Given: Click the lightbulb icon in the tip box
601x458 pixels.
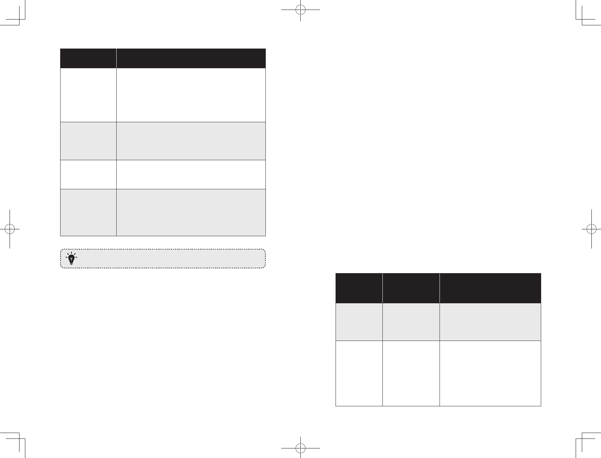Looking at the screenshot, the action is coord(71,259).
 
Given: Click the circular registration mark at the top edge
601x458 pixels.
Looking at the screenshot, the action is coord(300,10).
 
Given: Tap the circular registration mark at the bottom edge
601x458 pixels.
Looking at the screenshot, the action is coord(300,447).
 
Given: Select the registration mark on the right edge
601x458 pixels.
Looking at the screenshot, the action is coord(591,229).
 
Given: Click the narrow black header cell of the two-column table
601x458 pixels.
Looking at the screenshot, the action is coord(88,59).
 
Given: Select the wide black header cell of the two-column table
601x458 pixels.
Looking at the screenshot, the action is coord(191,59).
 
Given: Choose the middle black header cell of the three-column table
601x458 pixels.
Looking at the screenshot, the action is coord(411,288).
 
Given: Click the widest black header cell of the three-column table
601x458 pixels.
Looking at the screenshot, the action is coord(490,288).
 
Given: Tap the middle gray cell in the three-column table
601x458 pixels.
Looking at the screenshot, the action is coord(411,322).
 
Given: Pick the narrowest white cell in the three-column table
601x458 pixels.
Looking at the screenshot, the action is coord(359,373).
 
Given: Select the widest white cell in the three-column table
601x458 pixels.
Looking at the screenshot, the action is coord(490,373).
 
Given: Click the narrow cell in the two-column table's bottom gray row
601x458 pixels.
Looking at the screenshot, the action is coord(88,212).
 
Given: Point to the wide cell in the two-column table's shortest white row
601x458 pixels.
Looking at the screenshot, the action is coord(191,174).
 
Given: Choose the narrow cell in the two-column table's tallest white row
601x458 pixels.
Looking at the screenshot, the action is coord(88,95).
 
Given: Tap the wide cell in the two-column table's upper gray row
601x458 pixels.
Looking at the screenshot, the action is coord(191,141).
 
